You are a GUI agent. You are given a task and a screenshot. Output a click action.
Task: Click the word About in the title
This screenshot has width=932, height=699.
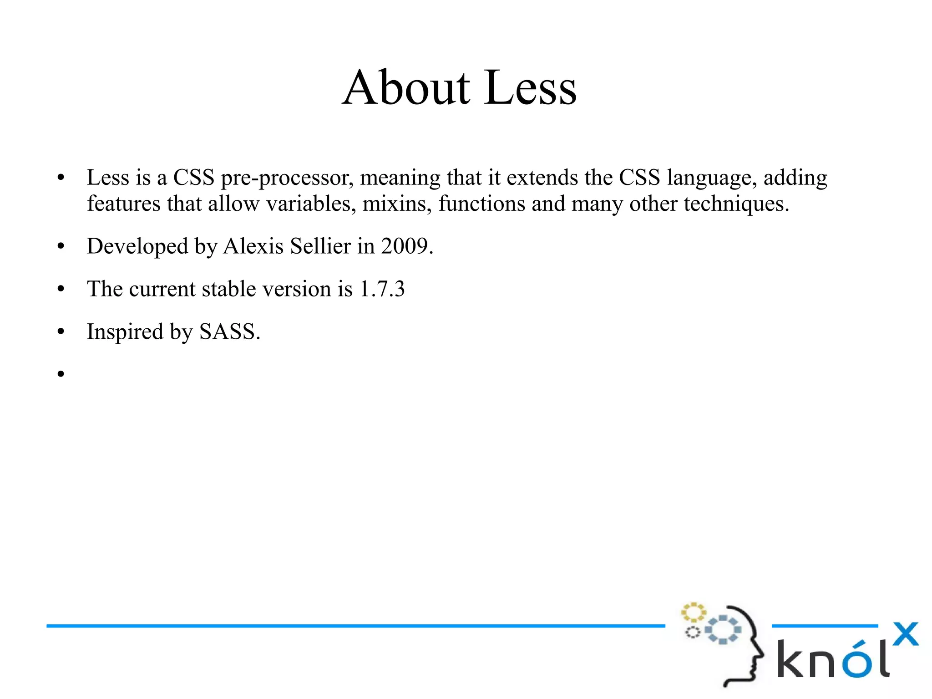pos(406,87)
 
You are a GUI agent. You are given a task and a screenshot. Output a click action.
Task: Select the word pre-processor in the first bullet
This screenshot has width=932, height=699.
pos(287,178)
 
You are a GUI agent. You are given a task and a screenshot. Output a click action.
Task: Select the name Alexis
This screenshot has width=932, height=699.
pos(253,246)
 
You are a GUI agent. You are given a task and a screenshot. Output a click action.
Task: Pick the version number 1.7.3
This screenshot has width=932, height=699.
pos(382,289)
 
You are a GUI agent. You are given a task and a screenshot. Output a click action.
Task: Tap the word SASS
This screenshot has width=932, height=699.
pos(229,332)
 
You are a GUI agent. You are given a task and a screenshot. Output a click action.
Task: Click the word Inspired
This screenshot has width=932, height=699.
pos(125,332)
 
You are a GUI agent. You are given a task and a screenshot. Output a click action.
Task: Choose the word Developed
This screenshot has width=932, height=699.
pos(137,246)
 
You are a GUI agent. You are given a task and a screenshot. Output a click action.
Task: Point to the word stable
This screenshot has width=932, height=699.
pos(229,289)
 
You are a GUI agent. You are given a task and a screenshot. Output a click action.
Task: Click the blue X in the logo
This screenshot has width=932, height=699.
pos(905,634)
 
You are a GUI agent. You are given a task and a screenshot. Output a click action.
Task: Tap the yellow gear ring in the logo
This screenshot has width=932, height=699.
pos(693,612)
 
